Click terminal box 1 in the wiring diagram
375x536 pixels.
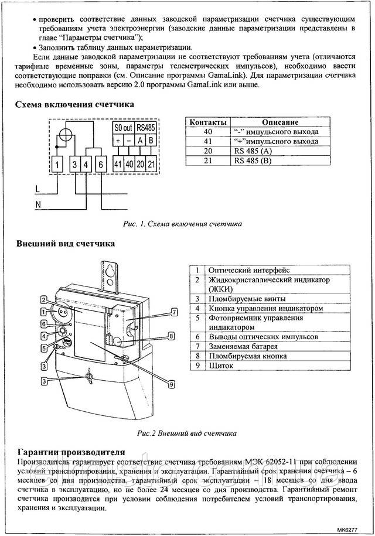[x=57, y=165]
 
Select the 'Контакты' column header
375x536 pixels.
[x=205, y=122]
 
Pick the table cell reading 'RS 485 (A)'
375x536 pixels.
[x=253, y=151]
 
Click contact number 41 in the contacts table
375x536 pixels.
[x=205, y=141]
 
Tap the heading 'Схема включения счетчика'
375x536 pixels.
[x=74, y=104]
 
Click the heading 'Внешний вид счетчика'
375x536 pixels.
[x=66, y=243]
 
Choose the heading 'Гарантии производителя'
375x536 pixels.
[x=71, y=452]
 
